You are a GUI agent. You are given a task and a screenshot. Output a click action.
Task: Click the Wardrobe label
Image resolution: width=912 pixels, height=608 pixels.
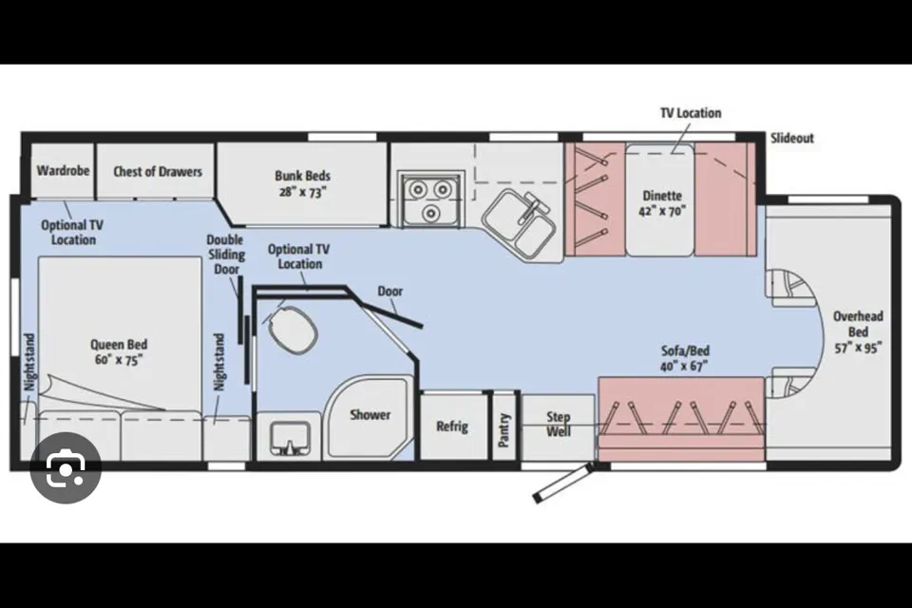63,170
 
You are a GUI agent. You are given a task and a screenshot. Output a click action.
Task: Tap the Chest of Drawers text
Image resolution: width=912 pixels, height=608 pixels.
158,172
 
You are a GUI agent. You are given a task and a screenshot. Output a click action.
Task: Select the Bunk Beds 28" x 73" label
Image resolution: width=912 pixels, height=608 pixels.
302,183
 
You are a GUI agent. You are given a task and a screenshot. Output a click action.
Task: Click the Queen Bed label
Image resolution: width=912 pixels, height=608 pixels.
119,352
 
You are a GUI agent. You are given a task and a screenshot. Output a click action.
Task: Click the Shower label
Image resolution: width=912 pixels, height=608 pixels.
370,415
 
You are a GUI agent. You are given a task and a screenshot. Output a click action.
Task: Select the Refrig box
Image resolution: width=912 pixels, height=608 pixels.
453,426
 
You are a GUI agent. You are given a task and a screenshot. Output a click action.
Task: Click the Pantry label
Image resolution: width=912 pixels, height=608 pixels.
503,430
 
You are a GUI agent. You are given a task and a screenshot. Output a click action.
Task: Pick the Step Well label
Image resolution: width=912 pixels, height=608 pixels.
559,424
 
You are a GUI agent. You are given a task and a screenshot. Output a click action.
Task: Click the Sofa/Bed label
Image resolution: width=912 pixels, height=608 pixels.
685,358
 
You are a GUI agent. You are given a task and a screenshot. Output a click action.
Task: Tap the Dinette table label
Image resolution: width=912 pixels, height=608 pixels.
662,203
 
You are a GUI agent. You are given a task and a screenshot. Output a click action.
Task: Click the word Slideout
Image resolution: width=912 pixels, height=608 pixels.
792,139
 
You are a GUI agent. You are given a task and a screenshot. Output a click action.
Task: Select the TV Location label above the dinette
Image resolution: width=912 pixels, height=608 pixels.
691,113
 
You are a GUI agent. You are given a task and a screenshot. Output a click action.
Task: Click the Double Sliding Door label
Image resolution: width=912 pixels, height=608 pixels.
226,255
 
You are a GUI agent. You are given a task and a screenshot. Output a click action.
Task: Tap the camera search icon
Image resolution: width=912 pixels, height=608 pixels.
66,467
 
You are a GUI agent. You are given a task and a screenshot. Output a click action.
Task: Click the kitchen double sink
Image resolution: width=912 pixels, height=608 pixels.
519,224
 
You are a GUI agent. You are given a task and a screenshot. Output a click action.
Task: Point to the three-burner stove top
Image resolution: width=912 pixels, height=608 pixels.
431,199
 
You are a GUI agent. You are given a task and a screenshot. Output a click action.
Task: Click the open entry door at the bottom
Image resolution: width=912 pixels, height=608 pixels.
563,483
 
